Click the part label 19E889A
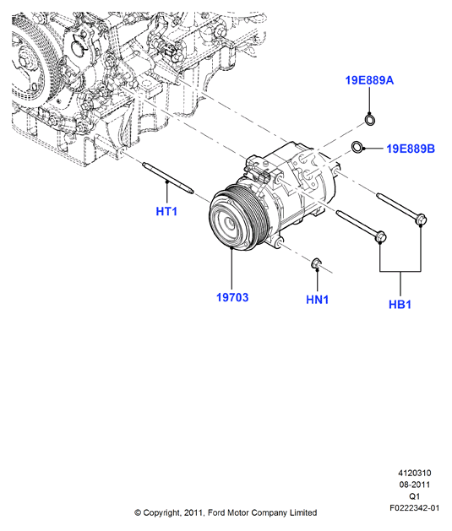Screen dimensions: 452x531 [x=369, y=80]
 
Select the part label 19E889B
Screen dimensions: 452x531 [x=411, y=149]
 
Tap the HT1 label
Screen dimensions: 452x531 [x=166, y=211]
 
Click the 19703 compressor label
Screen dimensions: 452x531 [x=232, y=297]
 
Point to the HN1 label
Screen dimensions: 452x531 [x=317, y=300]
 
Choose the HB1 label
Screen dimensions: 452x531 [x=400, y=304]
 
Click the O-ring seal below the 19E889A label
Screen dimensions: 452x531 [x=370, y=120]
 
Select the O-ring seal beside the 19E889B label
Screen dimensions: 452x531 [x=357, y=147]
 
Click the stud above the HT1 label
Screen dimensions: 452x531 [x=168, y=178]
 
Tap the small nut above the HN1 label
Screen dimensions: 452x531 [x=317, y=263]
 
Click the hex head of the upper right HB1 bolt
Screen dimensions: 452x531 [x=421, y=219]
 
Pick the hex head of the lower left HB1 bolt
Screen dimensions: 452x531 [x=380, y=236]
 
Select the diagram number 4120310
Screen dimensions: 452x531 [x=414, y=473]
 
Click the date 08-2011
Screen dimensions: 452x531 [x=414, y=485]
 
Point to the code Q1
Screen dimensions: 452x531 [x=414, y=496]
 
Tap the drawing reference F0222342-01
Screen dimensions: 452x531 [x=414, y=508]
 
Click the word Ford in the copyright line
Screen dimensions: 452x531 [x=215, y=512]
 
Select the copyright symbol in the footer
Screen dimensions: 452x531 [x=138, y=513]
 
